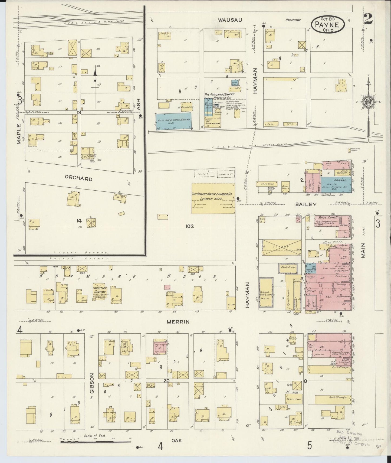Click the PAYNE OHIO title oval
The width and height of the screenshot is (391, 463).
pos(328,25)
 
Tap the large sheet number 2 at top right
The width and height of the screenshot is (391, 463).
pos(368,19)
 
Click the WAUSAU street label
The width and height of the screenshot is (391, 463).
pos(230,20)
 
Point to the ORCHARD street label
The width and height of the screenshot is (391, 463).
pos(78,179)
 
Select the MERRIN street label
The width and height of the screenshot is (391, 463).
pos(182,322)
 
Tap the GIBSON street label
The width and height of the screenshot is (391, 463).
pos(92,384)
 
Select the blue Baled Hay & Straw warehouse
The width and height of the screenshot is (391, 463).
pos(173,121)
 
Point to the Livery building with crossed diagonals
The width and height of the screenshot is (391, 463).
pos(281,247)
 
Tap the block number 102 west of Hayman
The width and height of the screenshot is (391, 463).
pos(190,226)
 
